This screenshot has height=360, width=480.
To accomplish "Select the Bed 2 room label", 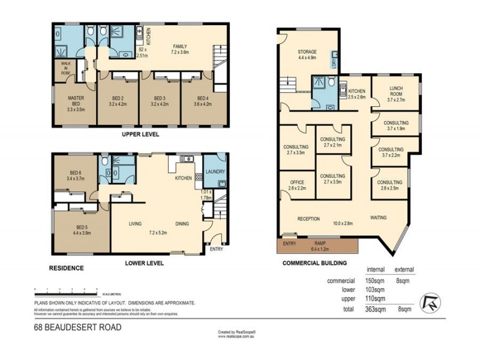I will coord(118,101).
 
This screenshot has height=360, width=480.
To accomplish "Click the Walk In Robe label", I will coord(64,68).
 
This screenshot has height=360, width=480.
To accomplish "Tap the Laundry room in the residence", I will coord(215,172).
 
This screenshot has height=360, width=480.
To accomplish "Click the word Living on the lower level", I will coord(134,224).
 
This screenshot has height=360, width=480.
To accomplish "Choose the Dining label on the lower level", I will coord(182,224).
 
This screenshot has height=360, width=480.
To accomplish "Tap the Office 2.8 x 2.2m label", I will coord(297,185).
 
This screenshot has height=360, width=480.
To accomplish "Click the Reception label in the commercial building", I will coord(308,218).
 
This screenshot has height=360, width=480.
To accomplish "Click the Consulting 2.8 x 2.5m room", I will coord(389,185).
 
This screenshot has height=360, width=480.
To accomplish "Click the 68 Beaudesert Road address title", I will coord(77,327).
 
